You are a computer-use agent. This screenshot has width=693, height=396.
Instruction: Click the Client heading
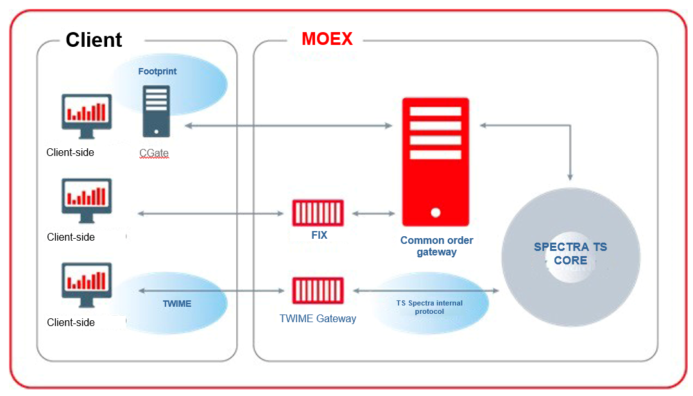click(x=94, y=40)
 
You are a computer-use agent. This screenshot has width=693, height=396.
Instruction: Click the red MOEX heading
click(x=327, y=39)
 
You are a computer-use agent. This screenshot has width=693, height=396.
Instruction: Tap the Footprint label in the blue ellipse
click(x=157, y=71)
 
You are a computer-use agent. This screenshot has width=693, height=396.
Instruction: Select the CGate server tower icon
click(x=156, y=112)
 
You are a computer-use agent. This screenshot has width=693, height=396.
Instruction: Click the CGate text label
click(x=154, y=153)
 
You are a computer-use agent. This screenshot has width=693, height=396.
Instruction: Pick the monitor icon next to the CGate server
click(x=87, y=116)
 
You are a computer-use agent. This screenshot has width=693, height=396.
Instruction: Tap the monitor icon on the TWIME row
click(x=87, y=284)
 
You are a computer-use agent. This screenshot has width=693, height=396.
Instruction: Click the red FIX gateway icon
click(x=318, y=213)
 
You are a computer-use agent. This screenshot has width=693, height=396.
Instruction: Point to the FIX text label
click(x=319, y=236)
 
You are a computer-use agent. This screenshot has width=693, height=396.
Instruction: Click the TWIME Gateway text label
click(x=318, y=318)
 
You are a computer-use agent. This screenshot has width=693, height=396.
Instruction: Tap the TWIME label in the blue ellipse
click(x=177, y=304)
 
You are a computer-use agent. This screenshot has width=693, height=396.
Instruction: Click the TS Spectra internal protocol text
click(x=429, y=307)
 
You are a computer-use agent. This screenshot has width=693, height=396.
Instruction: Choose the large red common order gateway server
click(x=435, y=161)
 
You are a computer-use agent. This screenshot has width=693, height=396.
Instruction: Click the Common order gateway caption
click(x=436, y=246)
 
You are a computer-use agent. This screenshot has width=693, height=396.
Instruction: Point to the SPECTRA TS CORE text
click(x=570, y=254)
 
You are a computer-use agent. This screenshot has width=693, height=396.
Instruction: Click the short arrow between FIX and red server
click(x=373, y=213)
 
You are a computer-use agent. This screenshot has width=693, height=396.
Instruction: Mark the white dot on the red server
click(x=436, y=212)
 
